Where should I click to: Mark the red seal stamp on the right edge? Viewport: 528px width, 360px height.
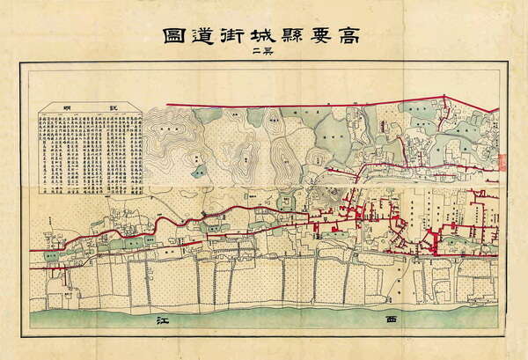tap(504, 161)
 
